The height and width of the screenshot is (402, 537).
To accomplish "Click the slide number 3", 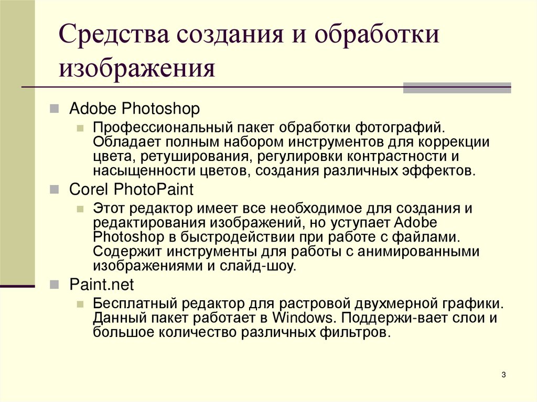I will [x=503, y=374].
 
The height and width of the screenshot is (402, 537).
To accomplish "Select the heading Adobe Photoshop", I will [x=134, y=109].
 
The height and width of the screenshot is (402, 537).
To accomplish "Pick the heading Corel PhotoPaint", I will [x=132, y=189].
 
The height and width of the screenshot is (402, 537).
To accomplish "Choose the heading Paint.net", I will [x=102, y=285].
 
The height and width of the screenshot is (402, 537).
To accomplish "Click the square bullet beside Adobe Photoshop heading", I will [x=54, y=109].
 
